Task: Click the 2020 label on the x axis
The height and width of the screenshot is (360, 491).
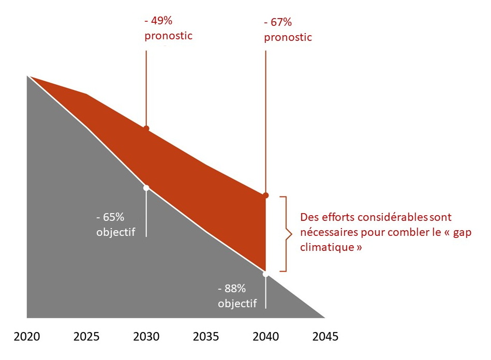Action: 26,337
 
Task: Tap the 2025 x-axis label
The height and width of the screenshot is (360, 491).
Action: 86,337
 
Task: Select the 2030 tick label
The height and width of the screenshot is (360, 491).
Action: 146,337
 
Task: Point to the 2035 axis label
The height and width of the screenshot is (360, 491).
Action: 206,337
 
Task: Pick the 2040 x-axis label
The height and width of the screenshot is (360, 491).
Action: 266,337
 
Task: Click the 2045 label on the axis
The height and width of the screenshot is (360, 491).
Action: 325,337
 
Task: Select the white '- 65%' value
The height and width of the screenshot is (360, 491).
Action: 111,217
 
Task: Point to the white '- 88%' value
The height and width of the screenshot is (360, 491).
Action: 232,289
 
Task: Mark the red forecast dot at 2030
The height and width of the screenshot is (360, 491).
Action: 146,128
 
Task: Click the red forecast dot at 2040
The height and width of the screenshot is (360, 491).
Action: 266,195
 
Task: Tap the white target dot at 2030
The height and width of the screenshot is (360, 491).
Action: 146,188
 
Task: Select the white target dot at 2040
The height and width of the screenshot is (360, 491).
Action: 266,274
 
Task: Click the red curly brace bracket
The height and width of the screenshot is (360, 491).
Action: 284,234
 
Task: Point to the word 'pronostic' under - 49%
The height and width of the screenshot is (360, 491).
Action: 168,36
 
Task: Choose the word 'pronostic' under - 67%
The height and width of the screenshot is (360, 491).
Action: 288,37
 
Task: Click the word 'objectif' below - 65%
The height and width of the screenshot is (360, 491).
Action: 115,232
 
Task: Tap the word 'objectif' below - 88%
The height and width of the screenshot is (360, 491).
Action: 237,304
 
